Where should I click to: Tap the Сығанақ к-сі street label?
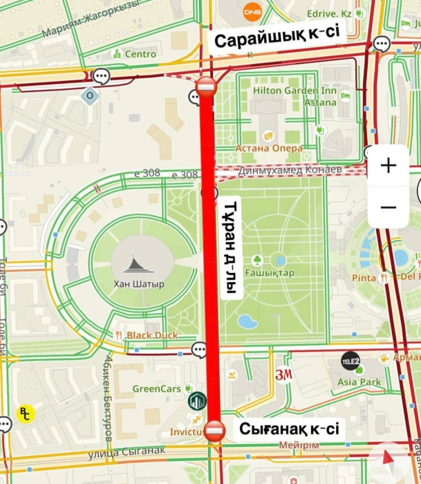coord(290,429)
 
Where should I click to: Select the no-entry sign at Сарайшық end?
coord(207,87)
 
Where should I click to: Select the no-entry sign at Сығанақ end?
coord(214,431)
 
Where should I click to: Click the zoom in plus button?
coord(389,166)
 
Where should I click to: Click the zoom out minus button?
coord(389,207)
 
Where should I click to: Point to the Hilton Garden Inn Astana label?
coord(294,96)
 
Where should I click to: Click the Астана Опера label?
coord(269,148)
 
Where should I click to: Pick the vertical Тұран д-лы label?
coord(231,249)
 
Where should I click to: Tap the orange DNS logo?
coord(252,11)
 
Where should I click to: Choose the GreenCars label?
coord(156,389)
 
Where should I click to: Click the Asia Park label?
coord(359,382)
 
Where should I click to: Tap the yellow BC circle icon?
coord(25,413)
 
